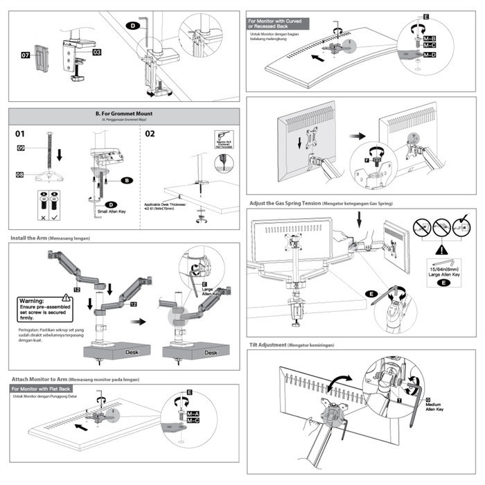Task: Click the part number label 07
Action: [24, 55]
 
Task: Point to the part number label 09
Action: [21, 148]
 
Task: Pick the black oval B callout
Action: [127, 180]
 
